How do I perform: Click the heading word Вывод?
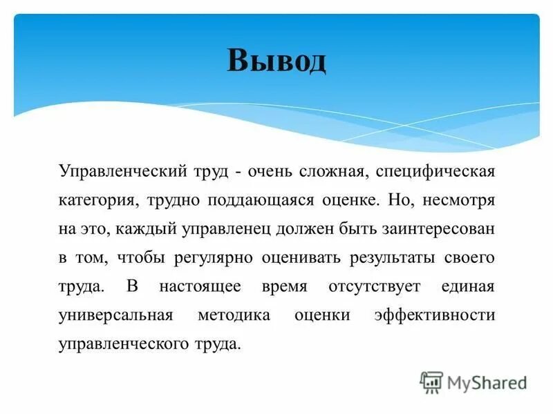coord(276,61)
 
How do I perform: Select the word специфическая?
coord(437,170)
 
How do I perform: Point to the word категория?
coord(96,199)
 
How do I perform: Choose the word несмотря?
coord(460,199)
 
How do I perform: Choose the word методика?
coord(233,315)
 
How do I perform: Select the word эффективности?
coord(435,315)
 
